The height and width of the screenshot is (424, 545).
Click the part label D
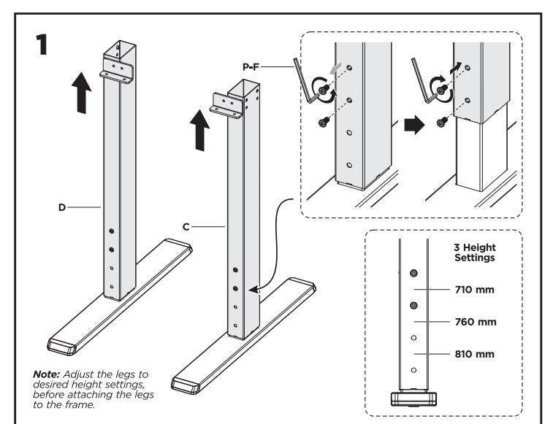(x=63, y=208)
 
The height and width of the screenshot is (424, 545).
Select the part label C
(x=186, y=228)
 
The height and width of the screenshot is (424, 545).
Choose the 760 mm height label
(x=474, y=322)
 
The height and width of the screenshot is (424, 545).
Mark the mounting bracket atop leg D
(x=118, y=72)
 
